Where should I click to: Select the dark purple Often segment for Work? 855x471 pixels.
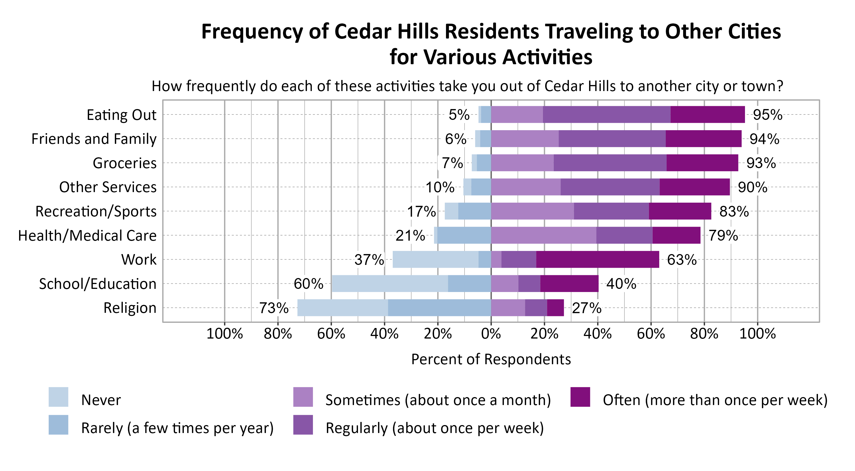point(597,259)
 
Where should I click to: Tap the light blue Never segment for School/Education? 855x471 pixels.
point(390,284)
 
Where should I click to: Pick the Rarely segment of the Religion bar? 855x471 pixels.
point(439,308)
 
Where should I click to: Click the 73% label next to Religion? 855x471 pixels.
point(274,308)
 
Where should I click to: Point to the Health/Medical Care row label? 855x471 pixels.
point(87,236)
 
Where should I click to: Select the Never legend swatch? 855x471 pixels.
point(58,397)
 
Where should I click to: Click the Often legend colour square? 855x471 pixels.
point(580,397)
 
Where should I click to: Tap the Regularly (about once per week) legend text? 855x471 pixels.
point(434,428)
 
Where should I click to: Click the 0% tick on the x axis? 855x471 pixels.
point(491,334)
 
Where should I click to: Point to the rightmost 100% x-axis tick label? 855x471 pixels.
point(758,334)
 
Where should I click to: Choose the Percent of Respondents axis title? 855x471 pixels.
point(491,359)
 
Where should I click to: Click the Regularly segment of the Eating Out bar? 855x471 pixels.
point(606,115)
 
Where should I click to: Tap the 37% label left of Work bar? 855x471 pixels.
point(369,259)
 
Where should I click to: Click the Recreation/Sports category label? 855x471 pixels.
point(96,212)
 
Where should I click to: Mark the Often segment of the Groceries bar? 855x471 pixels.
point(702,163)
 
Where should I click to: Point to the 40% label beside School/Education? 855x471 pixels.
point(621,284)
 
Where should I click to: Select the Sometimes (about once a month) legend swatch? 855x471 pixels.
point(303,397)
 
